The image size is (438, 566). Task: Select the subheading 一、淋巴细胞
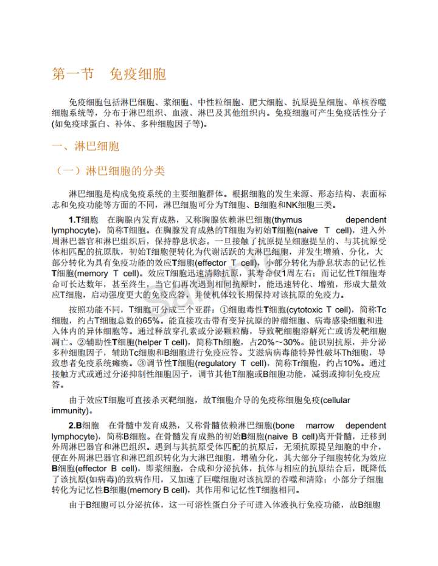[x=85, y=147]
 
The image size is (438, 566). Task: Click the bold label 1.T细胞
[x=83, y=219]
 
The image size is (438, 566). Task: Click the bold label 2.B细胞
[x=83, y=425]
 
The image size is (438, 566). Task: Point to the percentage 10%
[x=348, y=364]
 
